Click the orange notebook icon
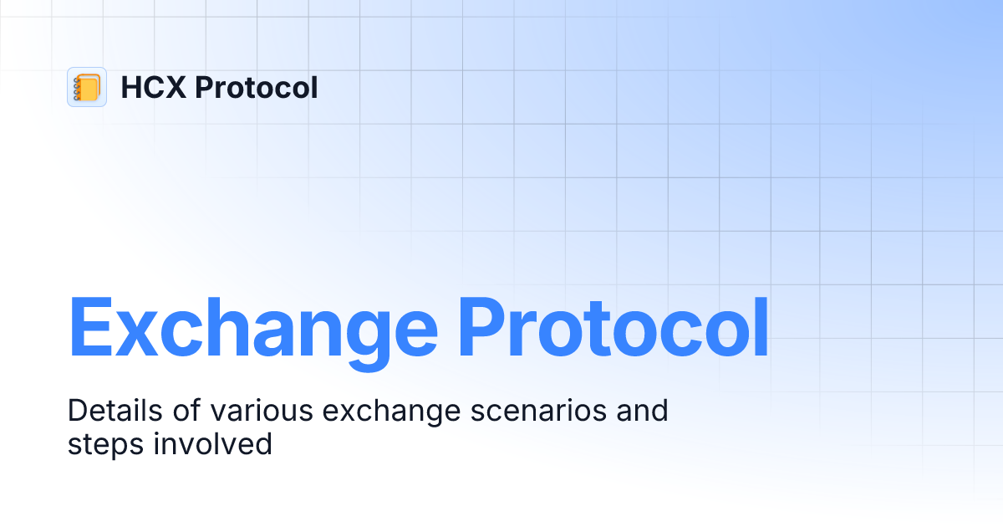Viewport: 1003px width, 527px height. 87,87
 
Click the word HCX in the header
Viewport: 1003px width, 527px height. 153,87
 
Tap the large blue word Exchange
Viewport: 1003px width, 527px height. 252,329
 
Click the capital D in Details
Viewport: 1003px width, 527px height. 78,411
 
